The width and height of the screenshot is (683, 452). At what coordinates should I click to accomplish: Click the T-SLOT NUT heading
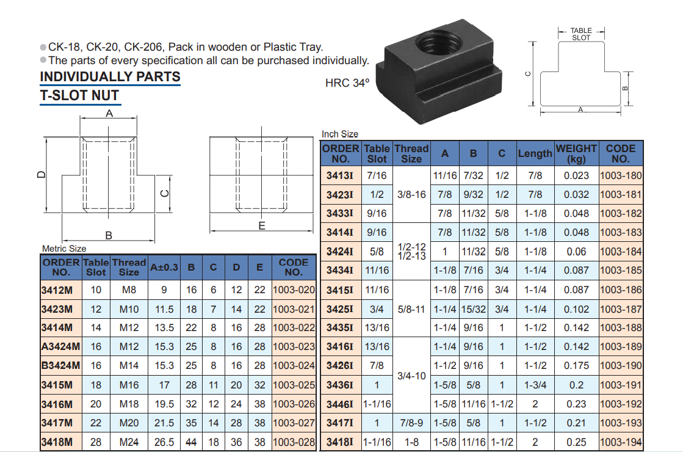[x=80, y=95]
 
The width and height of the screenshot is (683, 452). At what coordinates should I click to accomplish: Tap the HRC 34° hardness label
[x=347, y=83]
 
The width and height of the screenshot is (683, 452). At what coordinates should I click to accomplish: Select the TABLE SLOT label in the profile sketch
[x=581, y=34]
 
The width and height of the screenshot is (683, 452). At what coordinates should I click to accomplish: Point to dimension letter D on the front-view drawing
[x=42, y=174]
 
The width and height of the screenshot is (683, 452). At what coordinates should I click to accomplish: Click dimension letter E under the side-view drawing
[x=262, y=225]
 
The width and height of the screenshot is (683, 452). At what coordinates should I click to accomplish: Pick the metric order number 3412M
[x=57, y=290]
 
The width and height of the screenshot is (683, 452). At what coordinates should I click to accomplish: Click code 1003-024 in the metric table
[x=294, y=365]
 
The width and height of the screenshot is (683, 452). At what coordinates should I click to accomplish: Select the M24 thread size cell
[x=129, y=442]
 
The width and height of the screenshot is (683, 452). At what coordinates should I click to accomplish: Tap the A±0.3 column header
[x=164, y=267]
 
